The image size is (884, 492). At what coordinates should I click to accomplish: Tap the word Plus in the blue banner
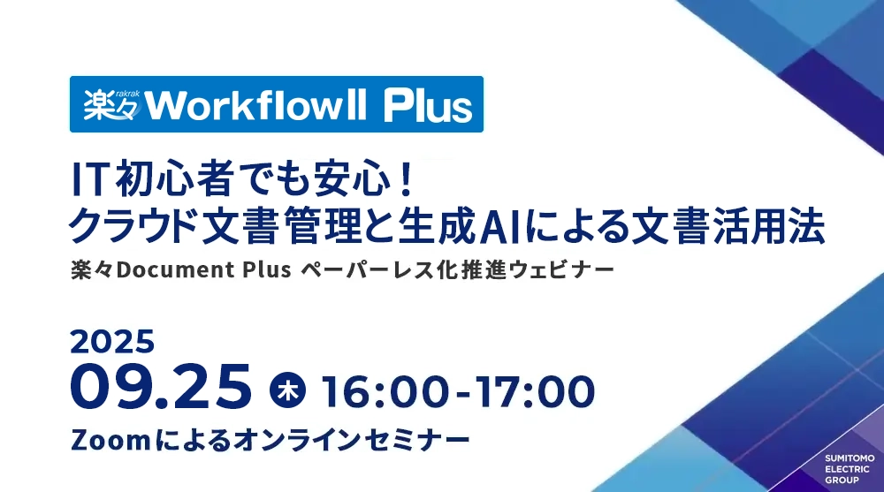(x=428, y=105)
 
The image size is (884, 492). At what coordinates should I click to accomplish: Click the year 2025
(x=112, y=342)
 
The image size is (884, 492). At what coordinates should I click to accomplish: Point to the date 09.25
(x=161, y=386)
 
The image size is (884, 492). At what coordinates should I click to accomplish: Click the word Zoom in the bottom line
(x=110, y=440)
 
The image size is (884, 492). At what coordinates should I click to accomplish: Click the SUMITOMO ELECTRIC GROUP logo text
(x=850, y=469)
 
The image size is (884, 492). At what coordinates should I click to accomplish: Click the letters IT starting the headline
(x=88, y=180)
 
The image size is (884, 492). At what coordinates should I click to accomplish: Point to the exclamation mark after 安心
(x=406, y=180)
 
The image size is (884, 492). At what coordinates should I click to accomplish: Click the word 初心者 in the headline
(x=167, y=180)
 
